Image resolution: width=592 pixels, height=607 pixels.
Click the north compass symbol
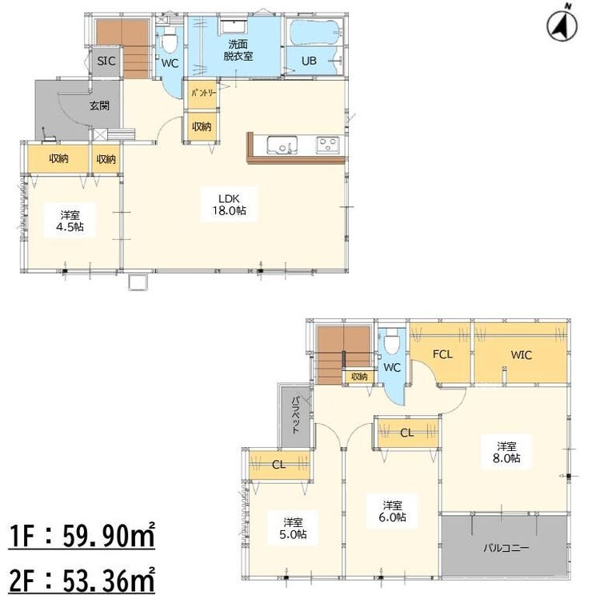(x=562, y=24)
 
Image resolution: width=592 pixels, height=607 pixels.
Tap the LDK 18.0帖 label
(x=229, y=205)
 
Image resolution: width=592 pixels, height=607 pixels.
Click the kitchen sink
(x=282, y=146)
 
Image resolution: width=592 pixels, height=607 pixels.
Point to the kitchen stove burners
(x=328, y=146)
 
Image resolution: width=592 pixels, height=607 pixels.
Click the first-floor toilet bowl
(x=169, y=43)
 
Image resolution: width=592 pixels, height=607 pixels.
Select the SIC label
(x=106, y=61)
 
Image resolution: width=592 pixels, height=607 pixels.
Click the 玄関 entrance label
(x=99, y=106)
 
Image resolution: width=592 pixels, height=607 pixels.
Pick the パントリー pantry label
(x=203, y=94)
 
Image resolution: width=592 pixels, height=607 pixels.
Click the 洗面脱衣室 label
(x=238, y=50)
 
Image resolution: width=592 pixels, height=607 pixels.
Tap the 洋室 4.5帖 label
(x=70, y=221)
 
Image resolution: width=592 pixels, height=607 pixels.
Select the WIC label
(x=521, y=354)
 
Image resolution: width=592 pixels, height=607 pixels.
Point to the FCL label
(x=442, y=353)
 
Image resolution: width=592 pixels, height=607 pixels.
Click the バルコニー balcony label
(x=506, y=548)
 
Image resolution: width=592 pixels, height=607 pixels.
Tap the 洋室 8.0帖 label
(x=506, y=453)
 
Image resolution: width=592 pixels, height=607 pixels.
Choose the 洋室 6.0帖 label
(x=392, y=511)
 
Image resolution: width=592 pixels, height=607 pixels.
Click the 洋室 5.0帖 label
(x=293, y=529)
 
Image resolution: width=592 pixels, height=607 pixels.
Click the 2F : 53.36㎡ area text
(x=82, y=580)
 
